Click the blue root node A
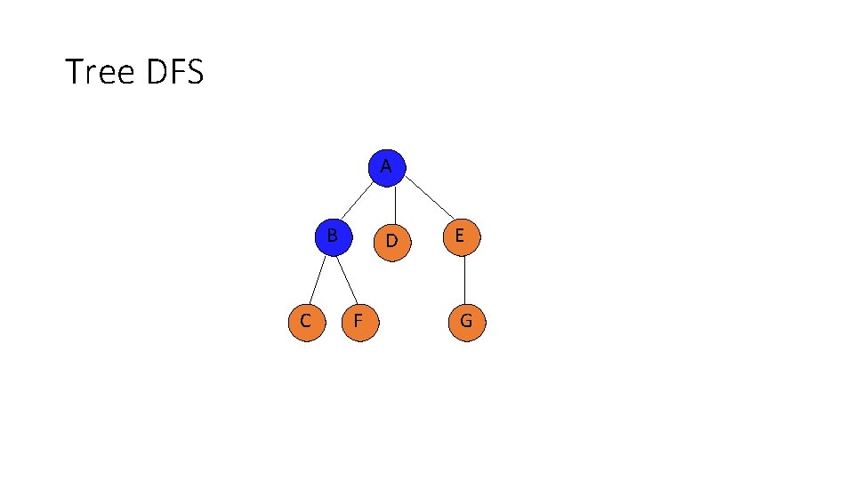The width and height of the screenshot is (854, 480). (x=386, y=168)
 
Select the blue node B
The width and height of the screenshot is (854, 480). (x=333, y=237)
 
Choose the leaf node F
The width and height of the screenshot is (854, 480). (x=359, y=322)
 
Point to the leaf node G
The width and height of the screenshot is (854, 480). (x=466, y=322)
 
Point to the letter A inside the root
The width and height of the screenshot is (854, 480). (x=386, y=166)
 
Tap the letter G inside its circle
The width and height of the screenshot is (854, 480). (x=466, y=322)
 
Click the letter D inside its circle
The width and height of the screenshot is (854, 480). (x=392, y=241)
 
